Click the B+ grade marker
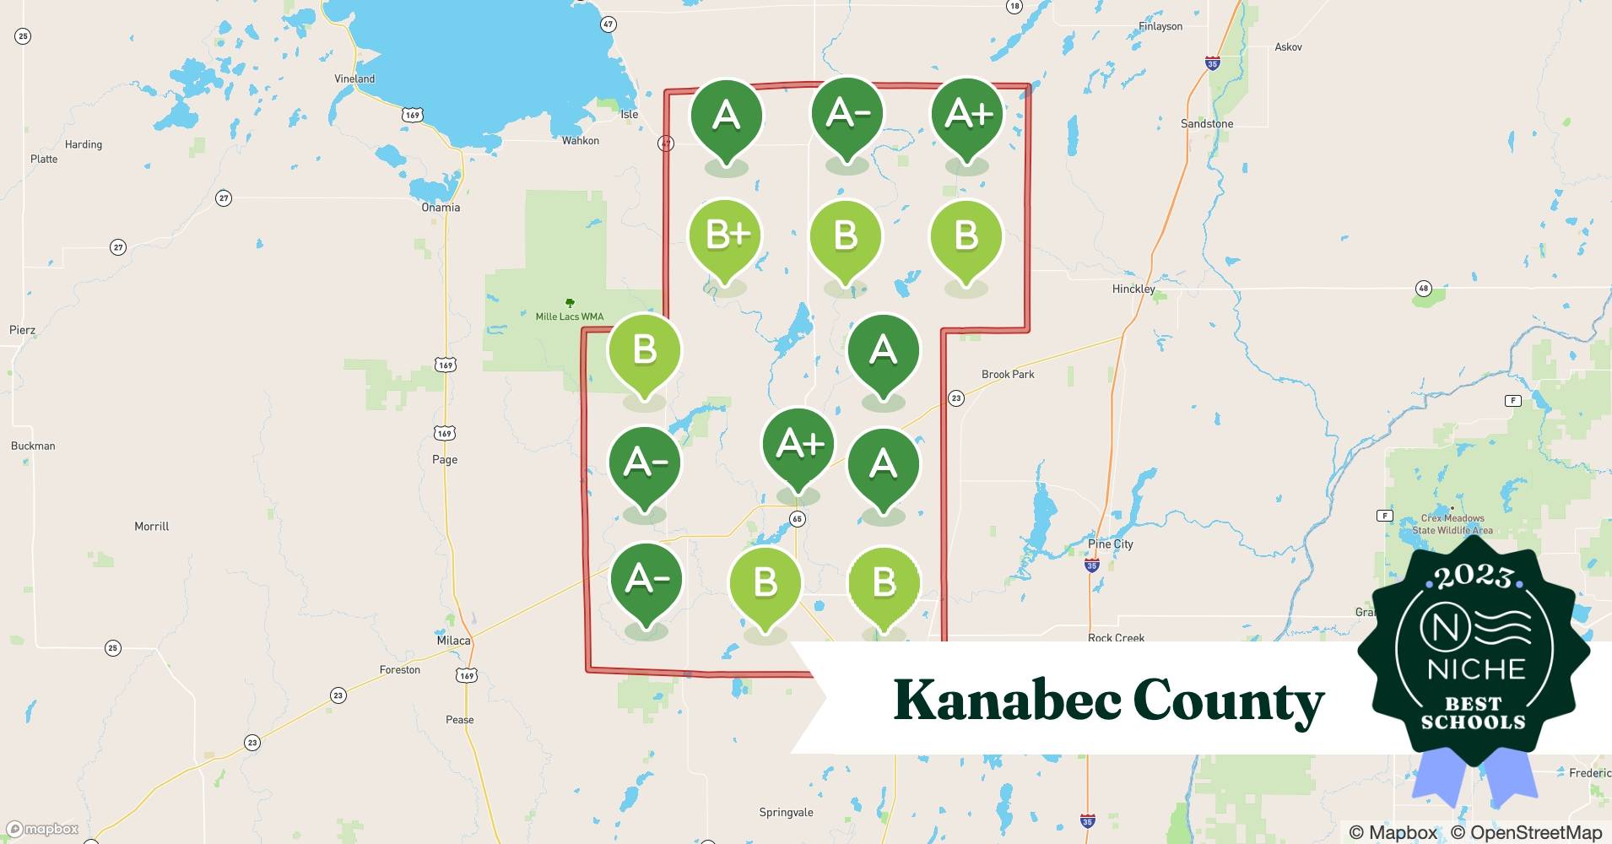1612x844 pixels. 726,235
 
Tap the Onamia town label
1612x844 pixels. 441,208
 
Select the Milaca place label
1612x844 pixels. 453,641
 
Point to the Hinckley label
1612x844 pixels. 1133,289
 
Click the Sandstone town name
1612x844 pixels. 1207,124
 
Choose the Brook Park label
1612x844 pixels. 1008,374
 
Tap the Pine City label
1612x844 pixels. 1111,544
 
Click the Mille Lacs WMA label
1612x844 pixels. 570,316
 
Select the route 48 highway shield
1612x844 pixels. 1424,289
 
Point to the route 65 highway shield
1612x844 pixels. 798,519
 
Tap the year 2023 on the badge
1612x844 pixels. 1474,577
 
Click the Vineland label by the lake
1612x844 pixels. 354,78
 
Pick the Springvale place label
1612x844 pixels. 786,813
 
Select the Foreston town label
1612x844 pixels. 400,669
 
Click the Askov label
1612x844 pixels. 1288,47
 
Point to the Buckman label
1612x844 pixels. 33,446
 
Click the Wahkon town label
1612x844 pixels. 581,141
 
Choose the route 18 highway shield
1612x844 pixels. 1014,6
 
